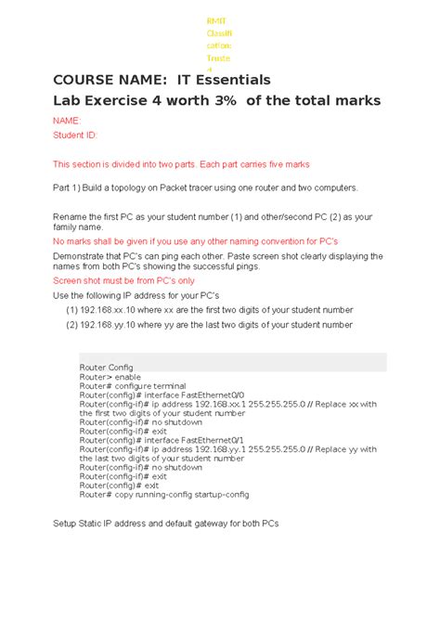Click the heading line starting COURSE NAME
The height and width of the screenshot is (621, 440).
click(x=161, y=80)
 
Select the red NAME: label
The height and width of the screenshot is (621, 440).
click(x=67, y=121)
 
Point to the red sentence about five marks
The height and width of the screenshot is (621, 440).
click(x=180, y=164)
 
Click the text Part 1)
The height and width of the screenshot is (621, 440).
click(x=68, y=188)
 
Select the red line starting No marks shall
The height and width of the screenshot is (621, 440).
click(x=195, y=240)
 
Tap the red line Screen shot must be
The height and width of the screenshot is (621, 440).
click(x=123, y=279)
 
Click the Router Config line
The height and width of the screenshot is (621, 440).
click(x=107, y=368)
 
